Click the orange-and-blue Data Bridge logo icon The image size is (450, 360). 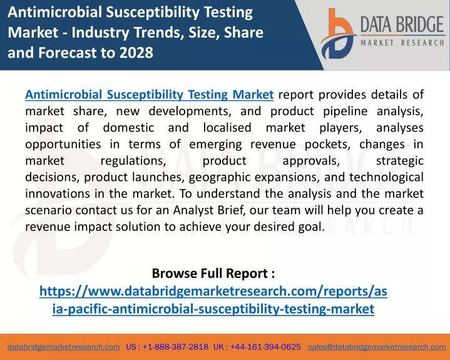pos(339,34)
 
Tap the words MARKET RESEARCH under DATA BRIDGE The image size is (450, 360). pos(402,43)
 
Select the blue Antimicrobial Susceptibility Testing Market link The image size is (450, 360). pos(149,95)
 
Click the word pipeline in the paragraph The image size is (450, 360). pos(345,111)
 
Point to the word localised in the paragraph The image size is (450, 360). pos(227,128)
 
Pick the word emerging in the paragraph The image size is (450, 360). pos(215,145)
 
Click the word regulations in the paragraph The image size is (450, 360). pos(133,161)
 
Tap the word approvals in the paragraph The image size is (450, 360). pos(311,161)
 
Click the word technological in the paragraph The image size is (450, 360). pos(386,177)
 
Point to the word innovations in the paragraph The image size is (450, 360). pos(58,193)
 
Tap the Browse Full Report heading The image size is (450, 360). pos(213,274)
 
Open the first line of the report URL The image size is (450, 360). pos(213,291)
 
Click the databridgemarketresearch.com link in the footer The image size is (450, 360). pos(64,347)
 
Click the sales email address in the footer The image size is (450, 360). pos(377,347)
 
